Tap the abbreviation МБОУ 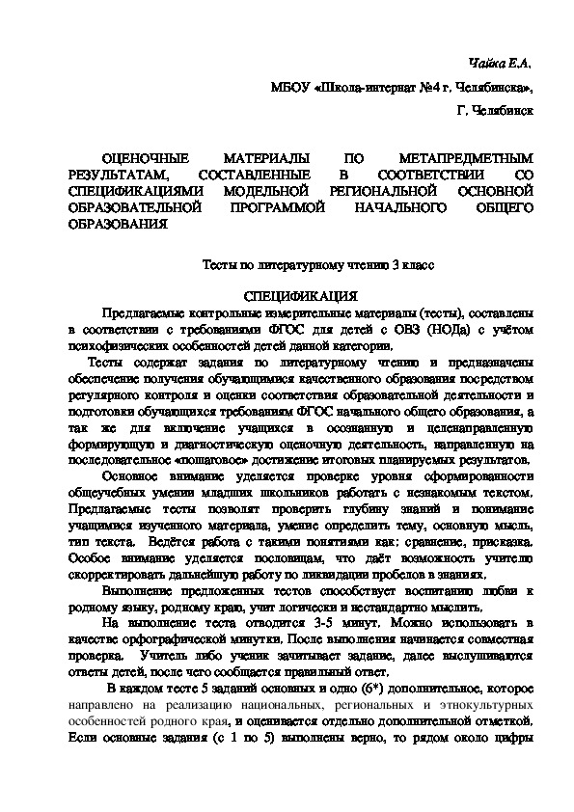(x=293, y=87)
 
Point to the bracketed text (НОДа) (x=438, y=331)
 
